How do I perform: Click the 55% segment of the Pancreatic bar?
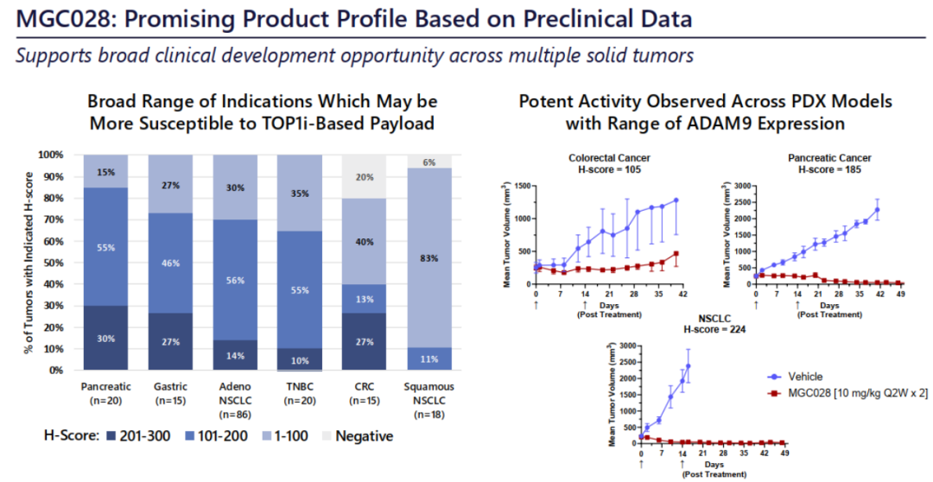click(x=105, y=246)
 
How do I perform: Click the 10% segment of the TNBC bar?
click(x=299, y=360)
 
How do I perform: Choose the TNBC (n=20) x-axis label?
click(x=299, y=393)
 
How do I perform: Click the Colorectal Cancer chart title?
click(x=609, y=158)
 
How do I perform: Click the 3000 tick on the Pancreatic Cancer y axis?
click(x=739, y=186)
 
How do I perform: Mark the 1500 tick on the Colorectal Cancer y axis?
click(x=520, y=186)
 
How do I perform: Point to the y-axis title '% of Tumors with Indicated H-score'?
click(x=27, y=263)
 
